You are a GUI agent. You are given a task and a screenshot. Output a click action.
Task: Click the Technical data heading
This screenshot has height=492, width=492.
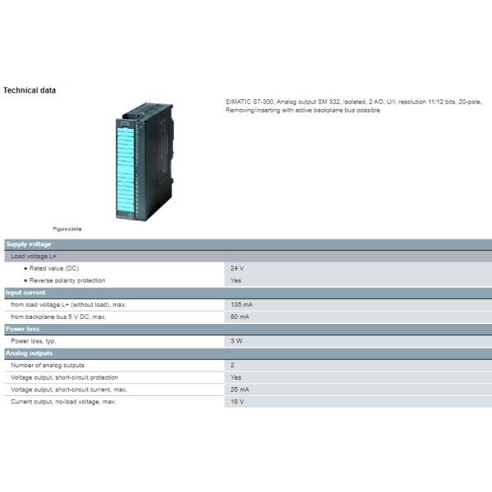click(30, 90)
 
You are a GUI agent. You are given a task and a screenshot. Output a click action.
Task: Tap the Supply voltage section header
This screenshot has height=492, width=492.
click(29, 244)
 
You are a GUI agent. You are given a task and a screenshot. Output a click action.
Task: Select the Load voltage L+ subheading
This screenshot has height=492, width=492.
click(34, 257)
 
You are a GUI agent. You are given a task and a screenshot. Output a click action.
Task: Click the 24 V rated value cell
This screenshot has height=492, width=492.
click(237, 268)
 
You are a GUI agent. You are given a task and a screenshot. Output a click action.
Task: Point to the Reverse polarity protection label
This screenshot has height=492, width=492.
click(67, 280)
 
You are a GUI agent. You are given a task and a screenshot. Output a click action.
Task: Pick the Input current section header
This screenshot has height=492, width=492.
click(25, 293)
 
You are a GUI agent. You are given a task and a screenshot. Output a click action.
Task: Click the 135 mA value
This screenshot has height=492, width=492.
click(241, 305)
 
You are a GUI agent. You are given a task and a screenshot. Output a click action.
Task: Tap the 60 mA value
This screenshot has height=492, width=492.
click(239, 317)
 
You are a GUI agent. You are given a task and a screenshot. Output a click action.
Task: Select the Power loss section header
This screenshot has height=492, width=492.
click(22, 329)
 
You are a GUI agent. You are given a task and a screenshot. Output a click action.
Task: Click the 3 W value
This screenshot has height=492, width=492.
click(236, 341)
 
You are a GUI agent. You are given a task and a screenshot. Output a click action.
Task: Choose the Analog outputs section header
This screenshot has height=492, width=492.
click(29, 353)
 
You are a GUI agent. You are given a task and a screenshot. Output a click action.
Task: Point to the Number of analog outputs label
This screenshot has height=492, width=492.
click(48, 365)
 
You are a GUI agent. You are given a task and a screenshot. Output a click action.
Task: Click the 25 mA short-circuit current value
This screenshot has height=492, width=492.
click(239, 389)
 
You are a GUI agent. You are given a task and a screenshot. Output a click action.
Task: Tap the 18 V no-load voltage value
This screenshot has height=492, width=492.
click(237, 402)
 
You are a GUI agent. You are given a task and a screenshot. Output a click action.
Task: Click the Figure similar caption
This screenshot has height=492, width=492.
click(67, 229)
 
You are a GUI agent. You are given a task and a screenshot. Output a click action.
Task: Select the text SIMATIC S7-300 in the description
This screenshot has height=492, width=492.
click(249, 102)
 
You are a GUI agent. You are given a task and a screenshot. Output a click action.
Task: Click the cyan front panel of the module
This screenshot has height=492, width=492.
click(125, 169)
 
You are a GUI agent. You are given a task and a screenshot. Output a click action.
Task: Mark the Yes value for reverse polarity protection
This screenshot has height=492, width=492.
click(235, 280)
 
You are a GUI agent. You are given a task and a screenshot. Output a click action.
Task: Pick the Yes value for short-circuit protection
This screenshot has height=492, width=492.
click(235, 377)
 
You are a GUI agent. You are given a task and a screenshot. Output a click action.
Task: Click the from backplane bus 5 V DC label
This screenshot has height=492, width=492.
click(58, 317)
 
